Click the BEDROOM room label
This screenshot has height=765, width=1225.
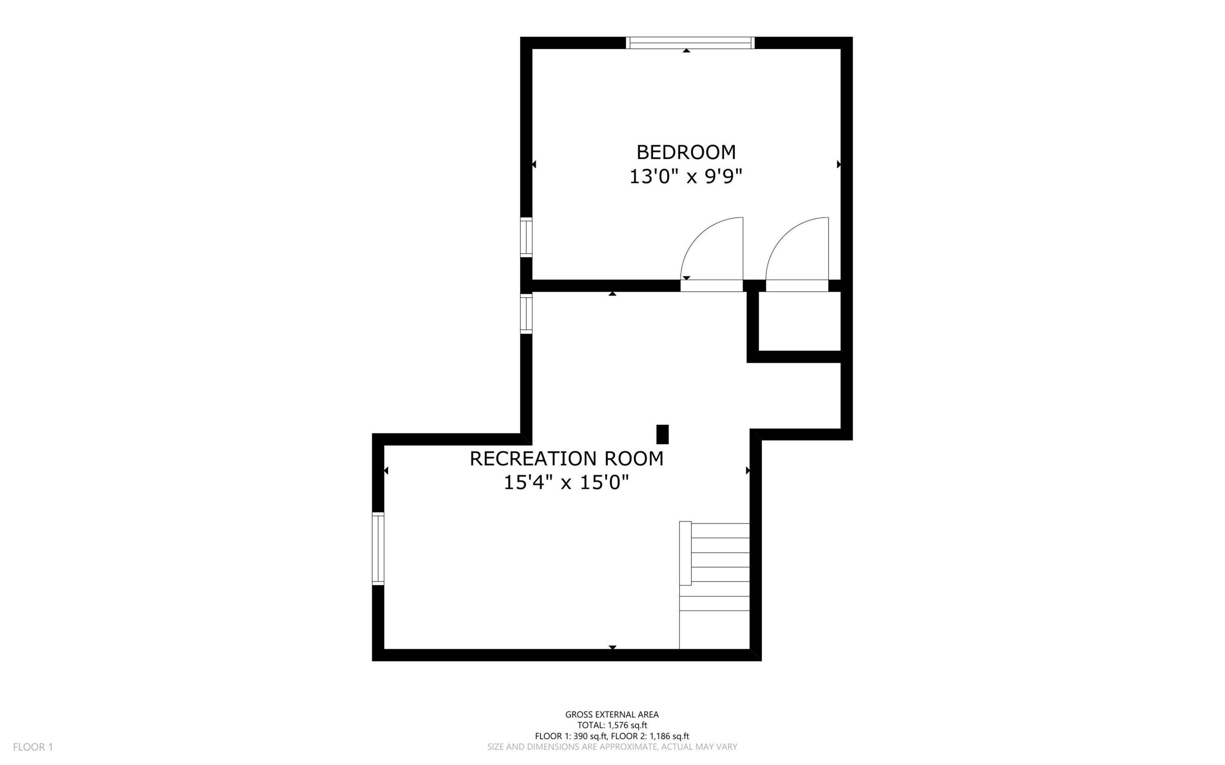(686, 152)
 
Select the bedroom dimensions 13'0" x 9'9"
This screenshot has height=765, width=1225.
(686, 177)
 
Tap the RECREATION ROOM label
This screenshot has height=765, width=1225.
(566, 458)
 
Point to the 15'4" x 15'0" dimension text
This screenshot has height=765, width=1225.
(566, 483)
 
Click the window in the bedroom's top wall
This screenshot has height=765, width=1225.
(690, 43)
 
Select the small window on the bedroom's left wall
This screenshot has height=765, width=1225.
(526, 237)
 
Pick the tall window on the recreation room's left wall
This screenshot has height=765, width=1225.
(378, 549)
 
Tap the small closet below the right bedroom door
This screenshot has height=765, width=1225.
(800, 321)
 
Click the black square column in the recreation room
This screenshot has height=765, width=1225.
(662, 434)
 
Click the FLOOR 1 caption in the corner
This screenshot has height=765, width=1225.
(33, 747)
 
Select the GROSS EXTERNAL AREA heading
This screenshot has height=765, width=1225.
(612, 714)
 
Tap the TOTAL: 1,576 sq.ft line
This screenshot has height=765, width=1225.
(612, 725)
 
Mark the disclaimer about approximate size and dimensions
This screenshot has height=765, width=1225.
(612, 747)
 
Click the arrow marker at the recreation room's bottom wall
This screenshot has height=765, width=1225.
(612, 647)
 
